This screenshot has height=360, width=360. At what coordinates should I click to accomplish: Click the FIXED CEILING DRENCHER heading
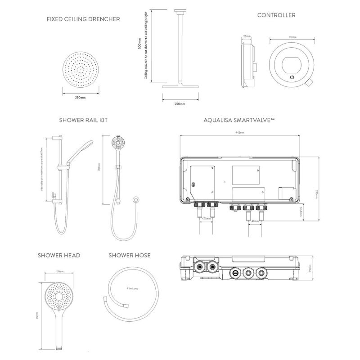(83, 19)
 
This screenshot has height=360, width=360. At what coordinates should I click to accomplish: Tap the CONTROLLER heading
(276, 15)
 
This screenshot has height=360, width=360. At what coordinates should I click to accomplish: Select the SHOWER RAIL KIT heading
(83, 120)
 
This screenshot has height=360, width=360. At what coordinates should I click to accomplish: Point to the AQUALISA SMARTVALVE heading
(239, 120)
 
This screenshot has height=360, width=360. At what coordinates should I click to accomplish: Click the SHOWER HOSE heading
(130, 256)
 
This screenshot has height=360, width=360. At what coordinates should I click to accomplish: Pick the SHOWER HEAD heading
(59, 256)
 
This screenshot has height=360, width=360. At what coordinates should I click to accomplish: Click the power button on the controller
(292, 77)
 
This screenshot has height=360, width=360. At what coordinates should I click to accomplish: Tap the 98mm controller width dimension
(292, 38)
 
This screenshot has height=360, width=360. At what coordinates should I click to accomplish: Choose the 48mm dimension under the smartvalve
(254, 221)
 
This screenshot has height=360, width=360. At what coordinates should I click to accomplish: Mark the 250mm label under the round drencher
(81, 97)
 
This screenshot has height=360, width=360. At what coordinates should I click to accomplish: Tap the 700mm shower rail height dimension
(105, 169)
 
